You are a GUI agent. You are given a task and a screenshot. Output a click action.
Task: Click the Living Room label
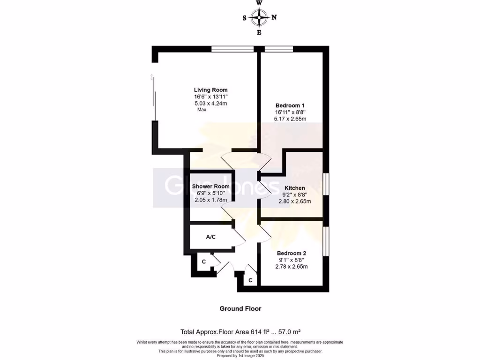(x=211, y=90)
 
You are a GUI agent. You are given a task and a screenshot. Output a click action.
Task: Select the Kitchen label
(x=294, y=188)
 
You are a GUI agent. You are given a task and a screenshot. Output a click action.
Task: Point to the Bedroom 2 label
(x=291, y=254)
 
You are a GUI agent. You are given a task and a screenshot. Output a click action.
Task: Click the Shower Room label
(x=211, y=187)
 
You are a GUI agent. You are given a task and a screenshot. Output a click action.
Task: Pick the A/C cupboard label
(x=211, y=237)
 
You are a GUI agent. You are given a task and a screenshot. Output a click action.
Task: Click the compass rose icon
(x=259, y=18)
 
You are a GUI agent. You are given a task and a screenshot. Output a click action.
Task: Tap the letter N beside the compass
(x=274, y=18)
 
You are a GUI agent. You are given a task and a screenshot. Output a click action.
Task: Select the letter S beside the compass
(x=244, y=18)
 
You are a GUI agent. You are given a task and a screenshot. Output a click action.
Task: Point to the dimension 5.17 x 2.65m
(x=290, y=119)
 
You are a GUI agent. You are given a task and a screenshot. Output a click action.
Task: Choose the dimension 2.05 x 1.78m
(x=211, y=200)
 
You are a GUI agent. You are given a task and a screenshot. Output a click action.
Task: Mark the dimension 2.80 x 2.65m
(x=294, y=202)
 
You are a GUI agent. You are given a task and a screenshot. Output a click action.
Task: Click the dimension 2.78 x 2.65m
(x=291, y=267)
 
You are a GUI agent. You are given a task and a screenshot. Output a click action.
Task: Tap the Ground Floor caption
(x=240, y=309)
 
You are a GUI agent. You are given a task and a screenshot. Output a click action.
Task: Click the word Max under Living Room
(x=202, y=110)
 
